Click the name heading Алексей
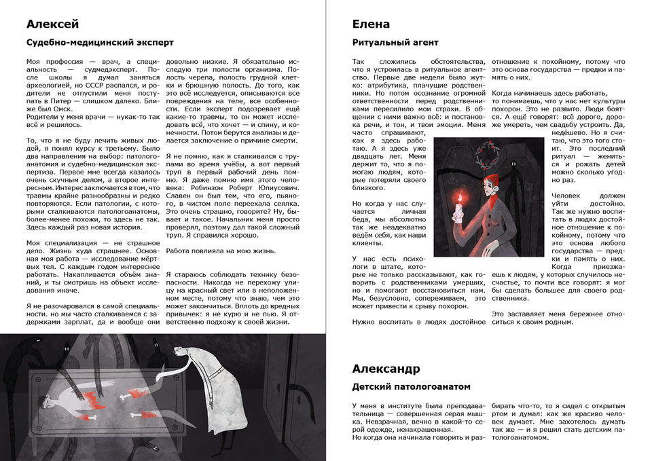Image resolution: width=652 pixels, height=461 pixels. point(52,24)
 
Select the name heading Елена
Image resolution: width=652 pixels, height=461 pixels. point(371,24)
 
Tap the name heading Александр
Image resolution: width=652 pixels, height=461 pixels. point(386,369)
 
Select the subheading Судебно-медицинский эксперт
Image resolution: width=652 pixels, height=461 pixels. point(100,43)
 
